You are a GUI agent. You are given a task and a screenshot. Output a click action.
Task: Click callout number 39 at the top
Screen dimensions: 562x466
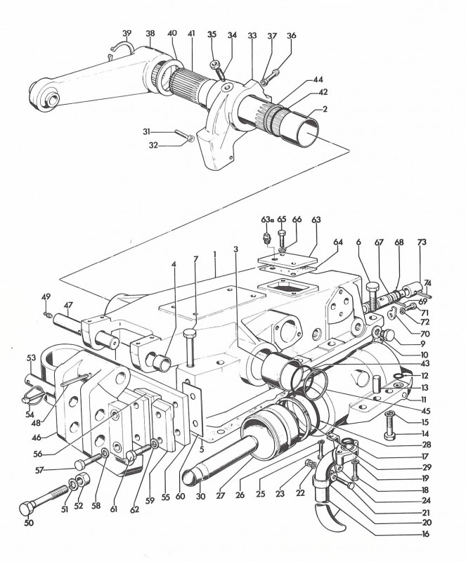(127, 33)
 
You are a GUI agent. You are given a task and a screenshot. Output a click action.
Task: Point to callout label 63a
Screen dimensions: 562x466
(266, 218)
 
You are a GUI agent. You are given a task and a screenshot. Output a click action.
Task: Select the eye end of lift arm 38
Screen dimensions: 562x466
(46, 98)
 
